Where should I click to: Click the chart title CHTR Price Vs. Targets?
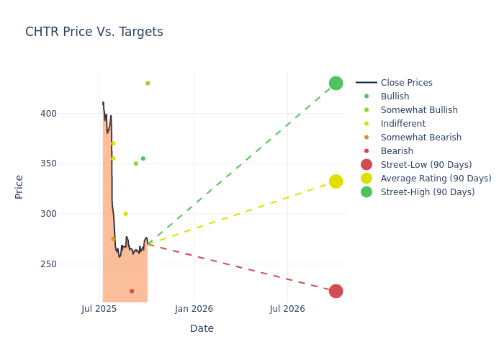coord(94,32)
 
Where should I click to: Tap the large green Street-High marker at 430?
coord(336,83)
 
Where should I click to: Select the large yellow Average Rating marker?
coord(336,181)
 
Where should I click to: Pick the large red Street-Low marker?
coord(336,291)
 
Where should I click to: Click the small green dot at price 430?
coord(148,83)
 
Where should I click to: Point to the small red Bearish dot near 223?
coord(132,291)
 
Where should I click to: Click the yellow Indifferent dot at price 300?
coord(125,214)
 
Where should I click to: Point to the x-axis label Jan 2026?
coord(194,310)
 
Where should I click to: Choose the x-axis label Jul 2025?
coord(99,310)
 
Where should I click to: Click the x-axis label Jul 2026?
coord(287,310)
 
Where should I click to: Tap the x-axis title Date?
coord(202,328)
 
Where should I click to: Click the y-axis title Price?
coord(19,186)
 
